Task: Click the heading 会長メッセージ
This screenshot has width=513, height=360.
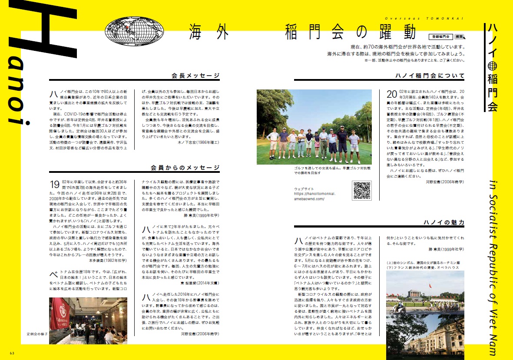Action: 195,75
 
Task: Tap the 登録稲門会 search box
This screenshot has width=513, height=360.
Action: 440,37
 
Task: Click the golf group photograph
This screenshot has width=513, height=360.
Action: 314,127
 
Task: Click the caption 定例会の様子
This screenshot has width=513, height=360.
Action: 37,334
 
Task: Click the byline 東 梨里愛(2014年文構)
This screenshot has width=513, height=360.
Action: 200,282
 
